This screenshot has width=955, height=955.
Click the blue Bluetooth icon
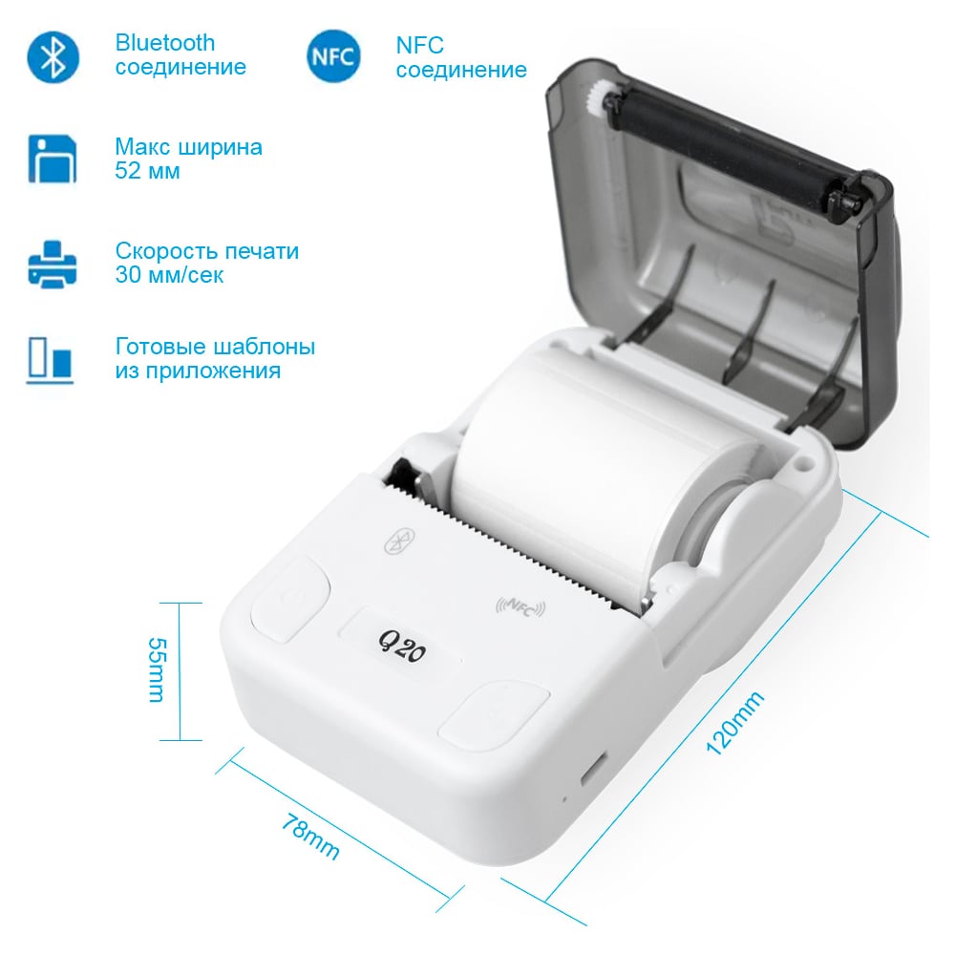(x=53, y=57)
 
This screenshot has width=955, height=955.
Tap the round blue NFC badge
(x=333, y=56)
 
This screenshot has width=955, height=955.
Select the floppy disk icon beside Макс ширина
(x=53, y=159)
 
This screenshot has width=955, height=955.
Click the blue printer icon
(x=53, y=264)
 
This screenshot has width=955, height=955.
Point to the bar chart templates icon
(x=50, y=361)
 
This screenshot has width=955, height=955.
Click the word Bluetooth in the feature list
(x=165, y=43)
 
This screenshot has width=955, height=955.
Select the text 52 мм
(x=147, y=171)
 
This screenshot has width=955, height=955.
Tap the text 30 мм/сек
(x=169, y=275)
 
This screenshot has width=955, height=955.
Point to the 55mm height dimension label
(x=158, y=670)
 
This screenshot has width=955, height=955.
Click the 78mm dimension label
(x=310, y=838)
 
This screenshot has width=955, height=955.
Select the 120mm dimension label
(x=734, y=724)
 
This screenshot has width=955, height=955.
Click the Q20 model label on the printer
(x=401, y=647)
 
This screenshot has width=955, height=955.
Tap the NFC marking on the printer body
(x=520, y=606)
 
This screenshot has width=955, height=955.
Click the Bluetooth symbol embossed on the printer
(x=400, y=541)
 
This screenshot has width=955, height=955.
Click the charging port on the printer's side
(x=594, y=770)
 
